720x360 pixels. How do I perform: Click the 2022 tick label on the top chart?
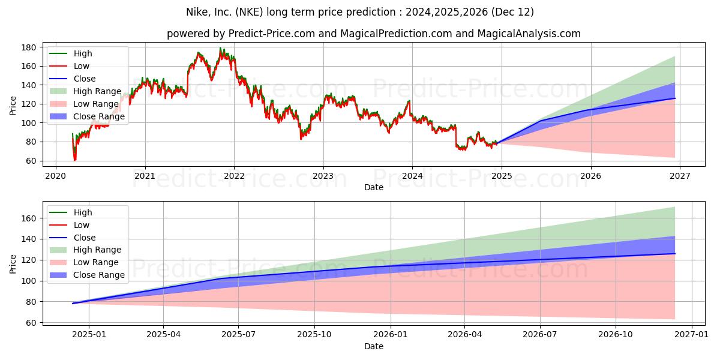[234, 176]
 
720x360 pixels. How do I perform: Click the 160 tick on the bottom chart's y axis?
[28, 218]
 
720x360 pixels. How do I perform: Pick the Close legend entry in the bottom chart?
[85, 238]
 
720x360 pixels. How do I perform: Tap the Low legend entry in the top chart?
[82, 66]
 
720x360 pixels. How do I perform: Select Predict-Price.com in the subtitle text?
[265, 34]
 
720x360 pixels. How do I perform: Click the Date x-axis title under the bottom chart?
[373, 346]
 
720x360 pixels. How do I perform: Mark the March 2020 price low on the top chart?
[75, 160]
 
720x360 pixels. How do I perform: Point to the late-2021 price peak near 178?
[220, 49]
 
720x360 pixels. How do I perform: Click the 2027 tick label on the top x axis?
[679, 176]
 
